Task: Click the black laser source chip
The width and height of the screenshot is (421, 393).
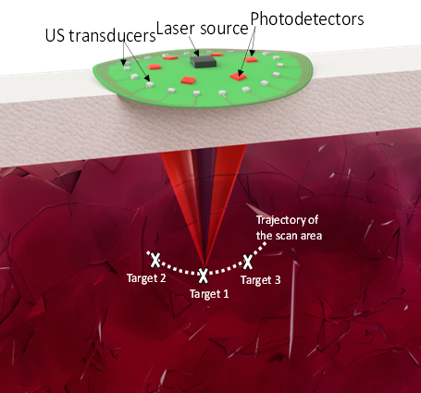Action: [203, 61]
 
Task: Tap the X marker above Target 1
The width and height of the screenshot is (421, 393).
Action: [203, 276]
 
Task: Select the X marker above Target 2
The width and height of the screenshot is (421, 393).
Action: [155, 261]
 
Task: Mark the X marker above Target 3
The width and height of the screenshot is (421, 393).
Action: [248, 262]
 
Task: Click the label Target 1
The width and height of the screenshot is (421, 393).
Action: [209, 294]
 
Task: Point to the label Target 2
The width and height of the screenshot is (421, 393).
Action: [146, 278]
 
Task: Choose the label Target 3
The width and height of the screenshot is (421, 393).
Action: [261, 280]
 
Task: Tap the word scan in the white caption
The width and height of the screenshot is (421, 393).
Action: [284, 236]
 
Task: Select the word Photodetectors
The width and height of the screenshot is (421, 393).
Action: [307, 19]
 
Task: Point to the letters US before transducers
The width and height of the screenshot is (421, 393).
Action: [55, 35]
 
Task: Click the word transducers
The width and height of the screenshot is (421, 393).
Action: [112, 36]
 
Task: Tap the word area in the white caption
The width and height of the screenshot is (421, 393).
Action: [309, 236]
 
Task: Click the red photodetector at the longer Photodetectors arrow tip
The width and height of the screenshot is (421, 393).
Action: [238, 76]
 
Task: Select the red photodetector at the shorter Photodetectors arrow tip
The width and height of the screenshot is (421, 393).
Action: [251, 59]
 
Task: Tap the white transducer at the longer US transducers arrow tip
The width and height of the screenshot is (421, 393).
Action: [150, 84]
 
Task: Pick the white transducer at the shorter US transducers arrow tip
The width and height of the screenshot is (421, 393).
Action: [126, 68]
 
